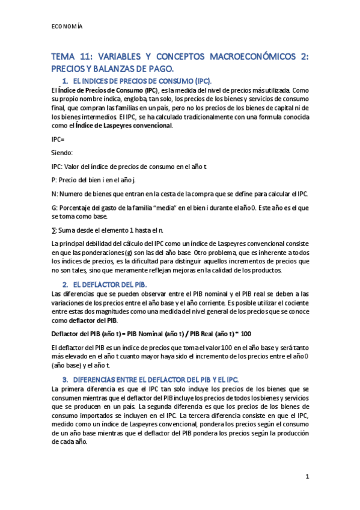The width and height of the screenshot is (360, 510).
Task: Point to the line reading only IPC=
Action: (59, 140)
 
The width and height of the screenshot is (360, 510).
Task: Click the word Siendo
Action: (61, 153)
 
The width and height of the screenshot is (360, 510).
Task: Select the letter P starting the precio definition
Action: (54, 179)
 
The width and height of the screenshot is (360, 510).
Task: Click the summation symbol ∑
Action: (54, 230)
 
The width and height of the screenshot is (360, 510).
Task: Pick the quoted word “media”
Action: (172, 207)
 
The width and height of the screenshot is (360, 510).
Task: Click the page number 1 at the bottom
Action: (307, 477)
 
